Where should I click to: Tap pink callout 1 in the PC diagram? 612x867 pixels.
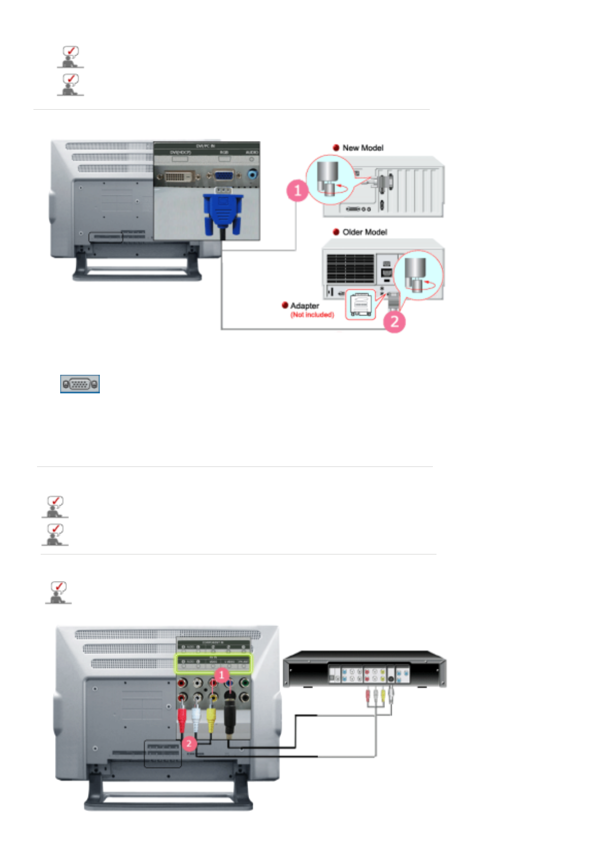coord(297,191)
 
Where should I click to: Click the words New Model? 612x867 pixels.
coord(363,148)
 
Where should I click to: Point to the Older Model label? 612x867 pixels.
coord(364,232)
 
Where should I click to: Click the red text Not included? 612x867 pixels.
coord(312,315)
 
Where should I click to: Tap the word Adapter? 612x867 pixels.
coord(305,305)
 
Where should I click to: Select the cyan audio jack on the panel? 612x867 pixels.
coord(252,175)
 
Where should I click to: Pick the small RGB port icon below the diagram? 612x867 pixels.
coord(80,384)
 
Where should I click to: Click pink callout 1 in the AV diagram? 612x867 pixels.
coord(221,674)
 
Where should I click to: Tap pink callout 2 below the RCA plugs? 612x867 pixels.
coord(189,743)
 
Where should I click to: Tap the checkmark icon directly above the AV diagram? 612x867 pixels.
coord(58,592)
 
